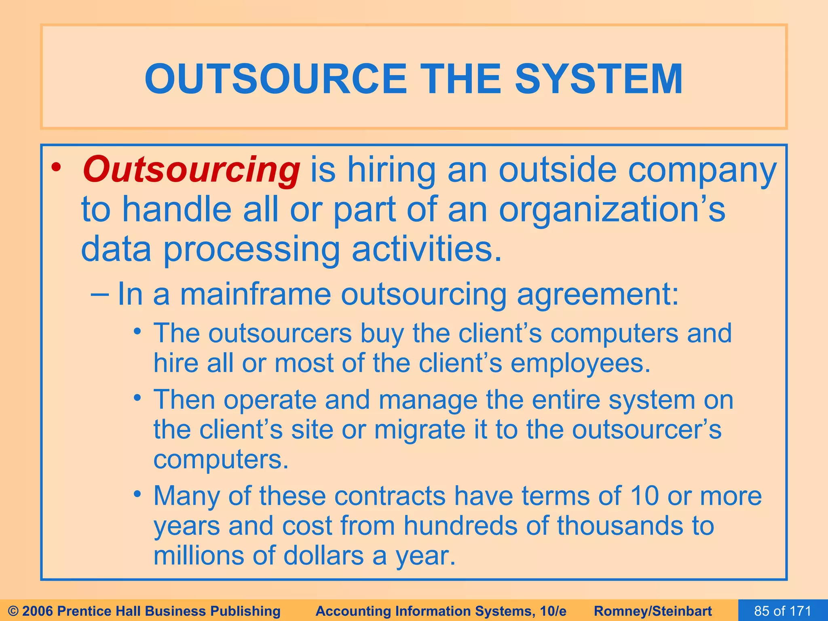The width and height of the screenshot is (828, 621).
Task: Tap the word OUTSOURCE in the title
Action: tap(275, 79)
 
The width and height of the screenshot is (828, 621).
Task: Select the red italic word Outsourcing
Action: tap(191, 170)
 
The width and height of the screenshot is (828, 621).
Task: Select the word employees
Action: tap(580, 363)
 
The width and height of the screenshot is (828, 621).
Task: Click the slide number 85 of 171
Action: tap(783, 610)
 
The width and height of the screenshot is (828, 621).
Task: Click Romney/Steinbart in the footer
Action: tap(653, 611)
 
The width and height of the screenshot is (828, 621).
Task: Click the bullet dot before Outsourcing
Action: tap(57, 167)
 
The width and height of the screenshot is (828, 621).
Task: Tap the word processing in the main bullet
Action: tap(251, 250)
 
